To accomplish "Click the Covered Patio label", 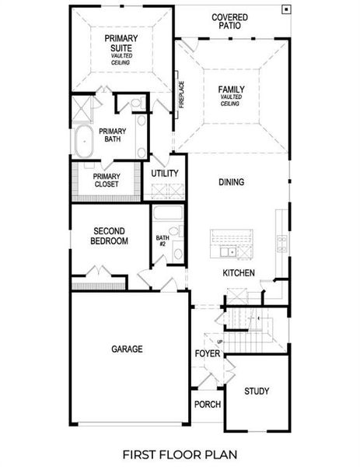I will [x=229, y=20].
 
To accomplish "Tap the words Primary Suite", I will [x=121, y=42].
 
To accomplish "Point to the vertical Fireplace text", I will [x=181, y=95].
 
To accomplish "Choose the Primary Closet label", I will [x=106, y=180].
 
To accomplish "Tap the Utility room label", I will [x=165, y=173].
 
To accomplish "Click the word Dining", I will [x=231, y=182].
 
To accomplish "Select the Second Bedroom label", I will [x=110, y=236].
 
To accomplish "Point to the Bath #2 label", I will [x=162, y=241].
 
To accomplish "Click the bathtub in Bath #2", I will [x=167, y=214].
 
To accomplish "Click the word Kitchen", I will [x=239, y=273].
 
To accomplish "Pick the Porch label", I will [x=208, y=405].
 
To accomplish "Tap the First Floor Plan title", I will [x=180, y=453].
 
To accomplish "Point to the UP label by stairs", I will [x=220, y=341].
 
